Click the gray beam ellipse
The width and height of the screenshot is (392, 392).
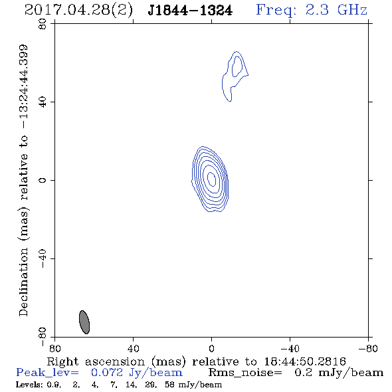(84, 322)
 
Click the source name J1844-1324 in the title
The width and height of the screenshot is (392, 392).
(190, 11)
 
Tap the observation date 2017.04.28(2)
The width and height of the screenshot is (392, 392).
(78, 11)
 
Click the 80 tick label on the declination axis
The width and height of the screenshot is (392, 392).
(43, 24)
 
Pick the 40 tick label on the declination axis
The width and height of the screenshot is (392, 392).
(43, 102)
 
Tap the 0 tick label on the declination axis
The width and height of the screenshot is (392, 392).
(43, 180)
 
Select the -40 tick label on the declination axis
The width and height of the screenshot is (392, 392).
(43, 258)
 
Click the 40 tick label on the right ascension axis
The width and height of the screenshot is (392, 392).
(133, 349)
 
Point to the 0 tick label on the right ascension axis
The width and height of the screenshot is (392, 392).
(211, 349)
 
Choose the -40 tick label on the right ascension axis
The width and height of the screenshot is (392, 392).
(290, 349)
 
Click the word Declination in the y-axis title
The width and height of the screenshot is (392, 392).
(23, 282)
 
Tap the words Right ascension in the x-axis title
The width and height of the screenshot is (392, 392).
(96, 361)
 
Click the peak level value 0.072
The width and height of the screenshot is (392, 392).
(107, 373)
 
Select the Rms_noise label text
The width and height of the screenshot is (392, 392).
(245, 373)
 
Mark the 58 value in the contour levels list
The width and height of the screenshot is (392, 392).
(169, 385)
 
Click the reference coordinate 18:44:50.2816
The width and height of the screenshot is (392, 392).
(305, 361)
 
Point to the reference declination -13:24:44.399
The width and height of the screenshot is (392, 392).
(24, 86)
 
